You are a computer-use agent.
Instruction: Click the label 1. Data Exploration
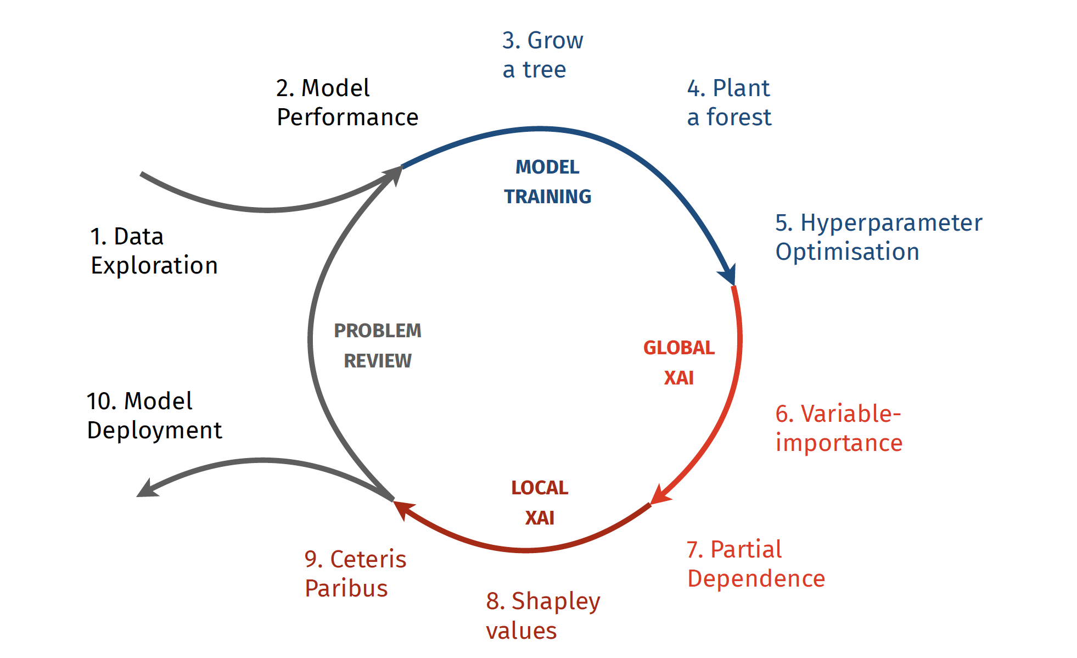pos(154,251)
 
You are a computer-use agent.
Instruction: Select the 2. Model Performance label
pos(347,103)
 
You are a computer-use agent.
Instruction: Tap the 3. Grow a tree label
pos(542,55)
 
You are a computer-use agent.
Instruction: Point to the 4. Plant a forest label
pos(729,103)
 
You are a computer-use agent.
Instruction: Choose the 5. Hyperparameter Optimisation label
pos(878,237)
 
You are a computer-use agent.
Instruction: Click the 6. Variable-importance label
pos(839,428)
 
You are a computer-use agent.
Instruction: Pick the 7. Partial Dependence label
pos(756,564)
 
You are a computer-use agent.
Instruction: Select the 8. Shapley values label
pos(543,616)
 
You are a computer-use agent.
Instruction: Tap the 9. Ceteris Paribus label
pos(355,574)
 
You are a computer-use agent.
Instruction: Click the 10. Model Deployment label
pos(154,416)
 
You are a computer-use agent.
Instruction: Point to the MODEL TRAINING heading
pos(547,182)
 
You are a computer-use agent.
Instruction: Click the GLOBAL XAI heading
pos(679,363)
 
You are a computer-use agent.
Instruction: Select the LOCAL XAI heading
pos(540,503)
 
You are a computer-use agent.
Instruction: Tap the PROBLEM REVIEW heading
pos(378,346)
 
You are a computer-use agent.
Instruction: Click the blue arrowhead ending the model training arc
pos(729,274)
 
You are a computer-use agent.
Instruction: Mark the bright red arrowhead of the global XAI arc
pos(659,495)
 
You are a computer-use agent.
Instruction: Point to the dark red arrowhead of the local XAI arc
pos(403,509)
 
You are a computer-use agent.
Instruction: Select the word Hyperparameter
pos(891,223)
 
